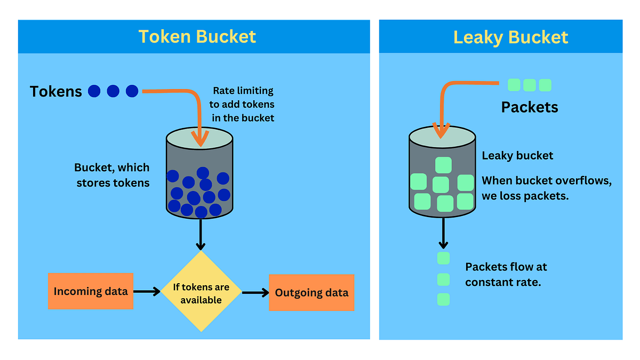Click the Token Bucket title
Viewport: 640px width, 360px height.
pos(197,36)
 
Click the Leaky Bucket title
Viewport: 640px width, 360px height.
pos(510,37)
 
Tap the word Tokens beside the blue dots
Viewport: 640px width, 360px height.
pos(56,92)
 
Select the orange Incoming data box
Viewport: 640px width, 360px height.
pos(90,291)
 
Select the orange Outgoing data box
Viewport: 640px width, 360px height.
pos(311,292)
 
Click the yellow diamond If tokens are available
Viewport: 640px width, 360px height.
pos(201,293)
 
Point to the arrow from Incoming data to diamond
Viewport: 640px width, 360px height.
pos(147,291)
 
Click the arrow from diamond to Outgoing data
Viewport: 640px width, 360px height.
pos(255,292)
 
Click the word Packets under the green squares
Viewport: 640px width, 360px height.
pos(529,107)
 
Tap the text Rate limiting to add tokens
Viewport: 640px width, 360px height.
pos(243,104)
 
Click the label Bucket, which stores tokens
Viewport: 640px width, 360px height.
pos(112,175)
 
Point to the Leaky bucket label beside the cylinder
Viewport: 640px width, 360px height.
pos(517,156)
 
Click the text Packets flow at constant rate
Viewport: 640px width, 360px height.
pos(506,274)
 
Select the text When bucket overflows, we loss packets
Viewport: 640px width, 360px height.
pos(546,188)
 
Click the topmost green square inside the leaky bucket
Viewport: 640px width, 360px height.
pos(443,165)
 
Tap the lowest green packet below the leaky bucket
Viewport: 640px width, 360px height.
pos(443,299)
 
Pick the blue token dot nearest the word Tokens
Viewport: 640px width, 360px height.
pos(94,91)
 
